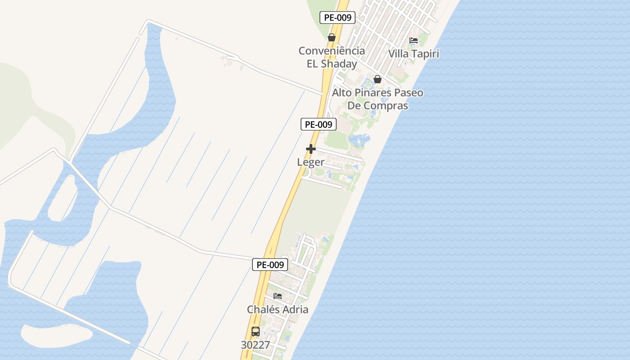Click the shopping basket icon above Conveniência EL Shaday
332,37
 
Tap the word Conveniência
332,51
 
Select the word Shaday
339,64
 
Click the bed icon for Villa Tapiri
414,40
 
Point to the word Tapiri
424,54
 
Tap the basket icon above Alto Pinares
378,79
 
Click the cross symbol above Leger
310,149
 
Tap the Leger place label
310,162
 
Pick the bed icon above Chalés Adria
278,296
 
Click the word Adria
295,310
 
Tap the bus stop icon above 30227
256,332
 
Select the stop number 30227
256,345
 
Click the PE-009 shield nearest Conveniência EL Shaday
337,18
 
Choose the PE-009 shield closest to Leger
319,124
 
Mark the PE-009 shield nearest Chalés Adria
270,265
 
